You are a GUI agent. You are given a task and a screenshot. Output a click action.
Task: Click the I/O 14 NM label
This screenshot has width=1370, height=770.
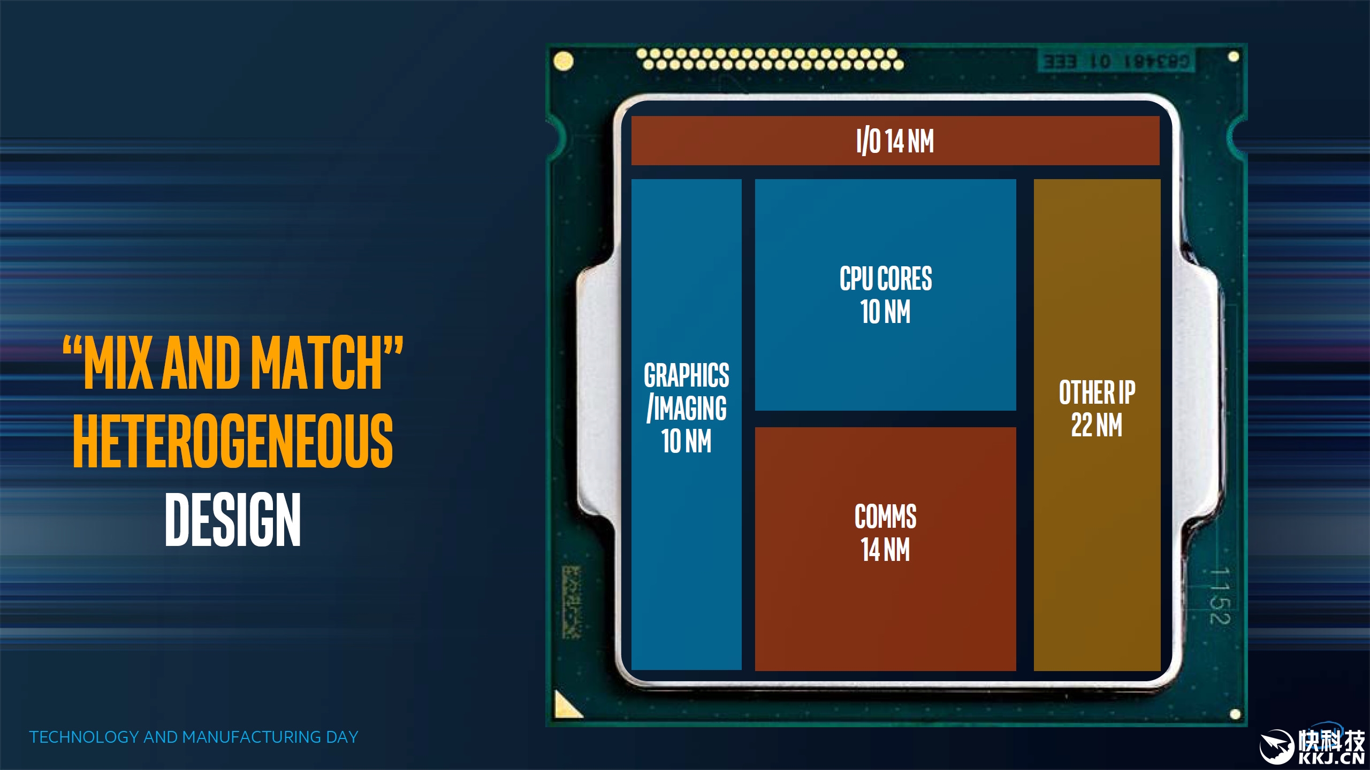point(895,141)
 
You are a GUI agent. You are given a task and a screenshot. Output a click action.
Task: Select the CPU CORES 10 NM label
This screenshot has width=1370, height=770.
point(886,295)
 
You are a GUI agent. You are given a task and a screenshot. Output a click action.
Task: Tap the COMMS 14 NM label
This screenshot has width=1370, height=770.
point(886,533)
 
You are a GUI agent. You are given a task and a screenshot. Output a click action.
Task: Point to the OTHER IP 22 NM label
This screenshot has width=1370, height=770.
point(1097,409)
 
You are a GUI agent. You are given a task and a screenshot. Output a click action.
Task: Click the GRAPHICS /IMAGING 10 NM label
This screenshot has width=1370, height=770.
point(687,408)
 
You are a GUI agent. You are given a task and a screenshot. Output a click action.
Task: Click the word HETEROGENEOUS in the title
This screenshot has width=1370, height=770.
point(233,441)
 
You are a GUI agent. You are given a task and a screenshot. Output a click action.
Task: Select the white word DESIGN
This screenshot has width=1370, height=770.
point(233,520)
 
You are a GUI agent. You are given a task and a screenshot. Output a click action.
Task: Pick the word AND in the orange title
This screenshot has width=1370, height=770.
point(201,364)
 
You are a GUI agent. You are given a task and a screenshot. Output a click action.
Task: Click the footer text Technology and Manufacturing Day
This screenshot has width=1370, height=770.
point(194,737)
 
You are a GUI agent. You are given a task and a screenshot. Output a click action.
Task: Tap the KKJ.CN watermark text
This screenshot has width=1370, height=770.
point(1331,759)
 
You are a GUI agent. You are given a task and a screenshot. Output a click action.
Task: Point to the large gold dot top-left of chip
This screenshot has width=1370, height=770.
point(563,61)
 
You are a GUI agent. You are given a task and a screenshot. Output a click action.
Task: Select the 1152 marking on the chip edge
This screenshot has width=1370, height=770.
point(1220,596)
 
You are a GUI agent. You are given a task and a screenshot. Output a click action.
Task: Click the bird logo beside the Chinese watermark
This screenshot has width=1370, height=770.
point(1277,746)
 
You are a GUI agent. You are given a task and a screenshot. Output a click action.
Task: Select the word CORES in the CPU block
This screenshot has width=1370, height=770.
point(905,279)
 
